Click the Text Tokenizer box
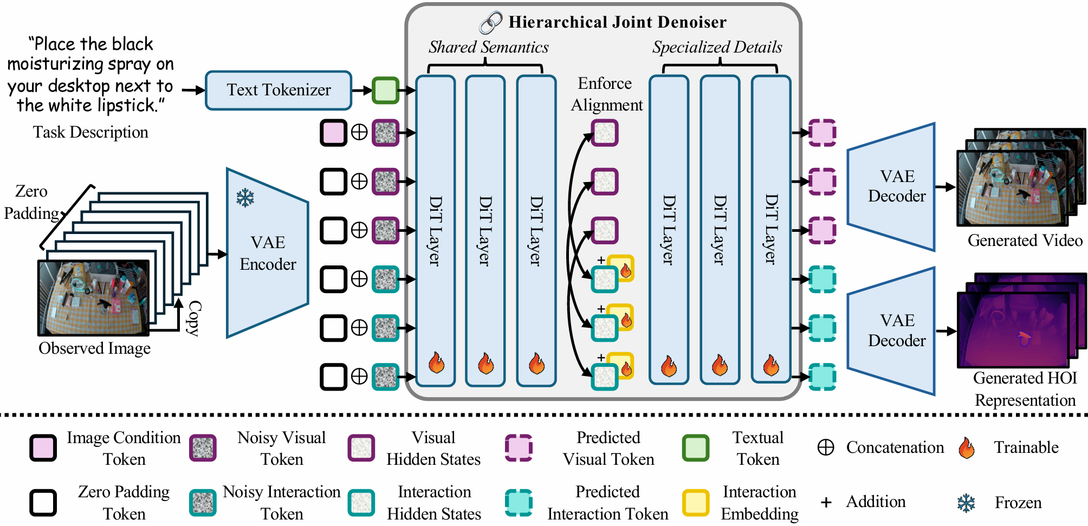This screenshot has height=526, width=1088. point(279,90)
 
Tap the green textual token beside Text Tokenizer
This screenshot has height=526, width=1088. point(385,90)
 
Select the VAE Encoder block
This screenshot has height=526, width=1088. point(268,253)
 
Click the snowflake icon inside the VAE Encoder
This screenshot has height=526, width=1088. point(245,198)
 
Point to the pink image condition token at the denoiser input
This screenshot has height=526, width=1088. point(333,133)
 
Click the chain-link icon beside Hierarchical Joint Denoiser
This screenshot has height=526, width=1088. point(491,23)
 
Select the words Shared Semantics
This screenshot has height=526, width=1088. point(488,48)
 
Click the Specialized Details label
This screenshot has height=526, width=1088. point(717,48)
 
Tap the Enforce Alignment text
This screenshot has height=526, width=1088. point(606,94)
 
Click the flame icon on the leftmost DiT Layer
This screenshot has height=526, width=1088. point(436,362)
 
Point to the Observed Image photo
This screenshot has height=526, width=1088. point(93,297)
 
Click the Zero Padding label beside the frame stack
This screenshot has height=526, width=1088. point(31,202)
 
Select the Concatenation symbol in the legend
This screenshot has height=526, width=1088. point(825,447)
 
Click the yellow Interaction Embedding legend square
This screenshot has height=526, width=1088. point(696,502)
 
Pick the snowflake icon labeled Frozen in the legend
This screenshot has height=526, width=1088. point(966,503)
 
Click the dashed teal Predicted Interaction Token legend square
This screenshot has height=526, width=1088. point(519,502)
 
